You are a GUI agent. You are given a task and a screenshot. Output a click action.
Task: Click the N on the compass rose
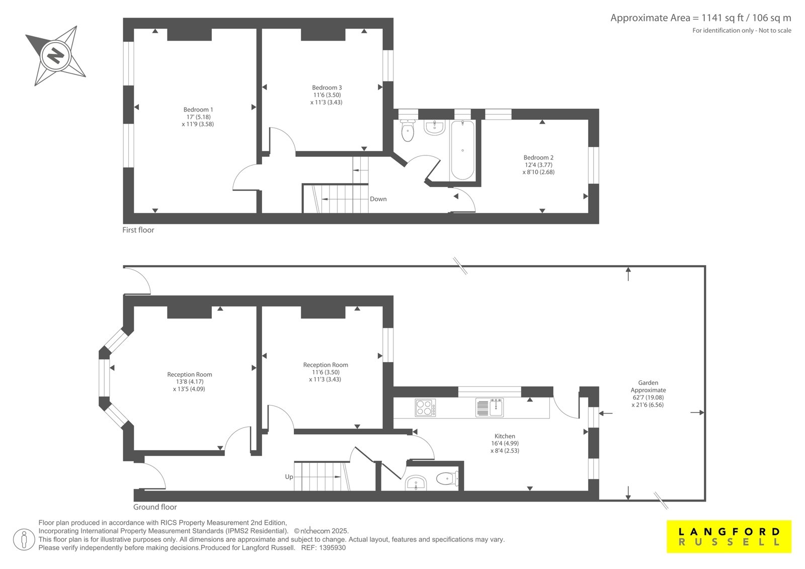click(x=56, y=56)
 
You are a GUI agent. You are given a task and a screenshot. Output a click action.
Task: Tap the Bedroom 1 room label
click(x=198, y=110)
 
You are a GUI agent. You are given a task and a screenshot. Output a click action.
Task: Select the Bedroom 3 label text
click(x=327, y=88)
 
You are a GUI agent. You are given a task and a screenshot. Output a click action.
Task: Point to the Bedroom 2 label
click(x=538, y=157)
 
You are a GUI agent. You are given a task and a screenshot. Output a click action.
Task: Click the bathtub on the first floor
click(x=462, y=150)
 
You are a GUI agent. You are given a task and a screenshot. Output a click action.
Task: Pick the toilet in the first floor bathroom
click(x=408, y=130)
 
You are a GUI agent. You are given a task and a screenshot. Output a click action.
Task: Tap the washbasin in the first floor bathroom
click(x=435, y=127)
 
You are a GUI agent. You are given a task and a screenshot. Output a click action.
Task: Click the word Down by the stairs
click(x=378, y=199)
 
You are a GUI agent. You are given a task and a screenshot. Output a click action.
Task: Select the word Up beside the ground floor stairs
click(x=289, y=477)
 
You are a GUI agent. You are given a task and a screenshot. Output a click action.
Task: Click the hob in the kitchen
click(x=425, y=408)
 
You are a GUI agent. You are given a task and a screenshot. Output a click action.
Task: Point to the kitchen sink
click(x=489, y=407)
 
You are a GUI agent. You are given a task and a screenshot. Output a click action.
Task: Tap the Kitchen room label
click(x=505, y=436)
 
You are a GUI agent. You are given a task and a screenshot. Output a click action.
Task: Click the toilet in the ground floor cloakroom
click(x=447, y=478)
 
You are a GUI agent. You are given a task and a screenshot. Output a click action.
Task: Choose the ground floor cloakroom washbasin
click(x=416, y=483)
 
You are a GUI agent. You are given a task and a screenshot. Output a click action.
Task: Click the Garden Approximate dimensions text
click(x=648, y=393)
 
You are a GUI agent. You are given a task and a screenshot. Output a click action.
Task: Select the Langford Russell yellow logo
click(x=729, y=536)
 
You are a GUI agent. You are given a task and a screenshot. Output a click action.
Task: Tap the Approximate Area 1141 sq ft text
click(x=701, y=18)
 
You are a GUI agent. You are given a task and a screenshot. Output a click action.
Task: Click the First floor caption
click(x=138, y=230)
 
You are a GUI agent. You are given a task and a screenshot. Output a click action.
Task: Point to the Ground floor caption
click(x=155, y=507)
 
